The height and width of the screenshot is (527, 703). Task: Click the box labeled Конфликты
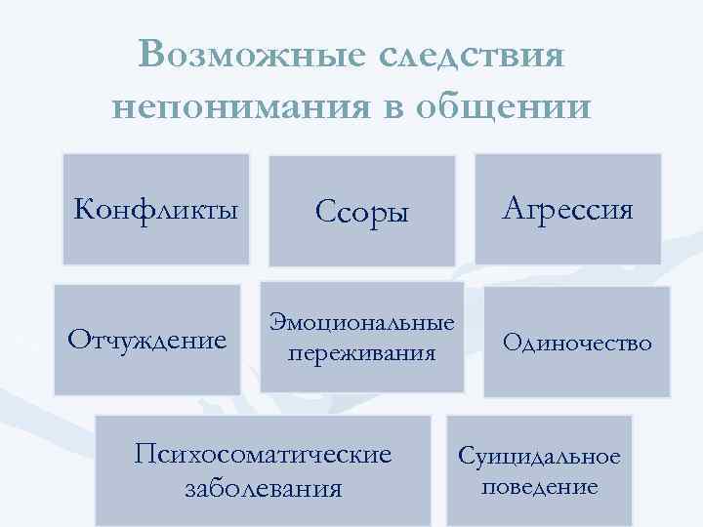[156, 209]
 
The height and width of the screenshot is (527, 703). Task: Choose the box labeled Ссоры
[361, 211]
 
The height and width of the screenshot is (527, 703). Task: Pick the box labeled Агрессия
[568, 208]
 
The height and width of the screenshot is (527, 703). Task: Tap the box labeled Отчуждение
[146, 340]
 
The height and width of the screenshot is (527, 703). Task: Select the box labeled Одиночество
[577, 342]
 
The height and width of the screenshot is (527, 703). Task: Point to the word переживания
[361, 351]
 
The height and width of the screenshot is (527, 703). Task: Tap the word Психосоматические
[264, 455]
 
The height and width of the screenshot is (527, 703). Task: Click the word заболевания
[264, 486]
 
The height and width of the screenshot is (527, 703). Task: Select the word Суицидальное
[540, 457]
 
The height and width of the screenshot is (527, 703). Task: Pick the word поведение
[540, 486]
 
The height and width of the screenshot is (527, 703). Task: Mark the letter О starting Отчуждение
[75, 340]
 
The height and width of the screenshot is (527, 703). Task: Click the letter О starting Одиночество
[510, 342]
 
